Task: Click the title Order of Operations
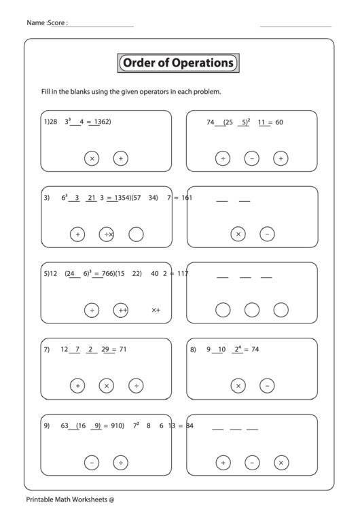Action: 178,63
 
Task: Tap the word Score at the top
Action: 57,23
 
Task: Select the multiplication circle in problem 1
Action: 92,158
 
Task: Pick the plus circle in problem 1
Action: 120,158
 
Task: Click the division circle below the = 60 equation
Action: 222,158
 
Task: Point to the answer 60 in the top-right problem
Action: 278,122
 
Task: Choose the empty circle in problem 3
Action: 136,234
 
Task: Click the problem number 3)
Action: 47,198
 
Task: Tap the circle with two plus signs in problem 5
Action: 121,311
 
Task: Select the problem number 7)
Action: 47,350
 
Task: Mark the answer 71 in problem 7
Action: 123,350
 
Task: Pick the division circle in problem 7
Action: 136,386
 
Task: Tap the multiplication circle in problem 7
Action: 106,386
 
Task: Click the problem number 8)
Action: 193,350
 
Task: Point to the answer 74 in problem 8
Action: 255,350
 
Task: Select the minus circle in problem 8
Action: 267,386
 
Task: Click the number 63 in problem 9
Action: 65,426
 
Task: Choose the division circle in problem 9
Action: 120,463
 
